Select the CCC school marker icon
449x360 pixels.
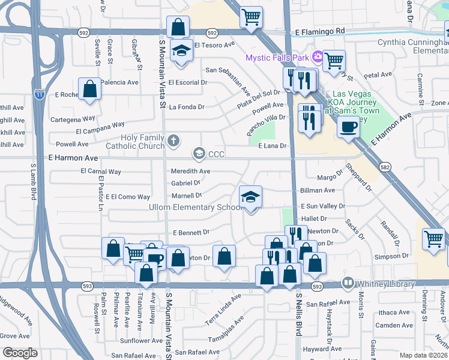click(x=199, y=154)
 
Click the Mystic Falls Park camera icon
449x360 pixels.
click(x=317, y=58)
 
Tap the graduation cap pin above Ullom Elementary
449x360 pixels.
click(x=251, y=196)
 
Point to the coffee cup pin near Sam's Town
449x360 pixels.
click(x=348, y=127)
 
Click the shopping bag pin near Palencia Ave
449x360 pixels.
click(x=89, y=89)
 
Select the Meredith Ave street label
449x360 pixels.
click(x=191, y=171)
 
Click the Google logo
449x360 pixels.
click(x=19, y=353)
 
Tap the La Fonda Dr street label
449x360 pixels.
click(x=187, y=107)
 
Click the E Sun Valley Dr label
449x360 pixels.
click(x=323, y=206)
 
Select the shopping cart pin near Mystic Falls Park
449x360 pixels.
click(x=334, y=60)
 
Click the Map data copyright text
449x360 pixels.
click(x=424, y=355)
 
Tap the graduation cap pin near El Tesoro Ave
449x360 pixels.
click(x=181, y=51)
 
